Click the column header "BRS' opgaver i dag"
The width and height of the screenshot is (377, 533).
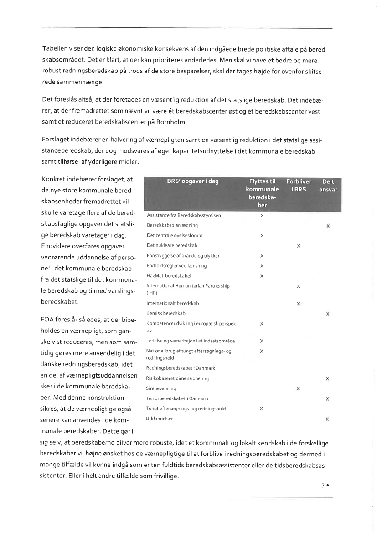(x=192, y=181)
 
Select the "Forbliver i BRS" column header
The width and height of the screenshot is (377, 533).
(x=299, y=186)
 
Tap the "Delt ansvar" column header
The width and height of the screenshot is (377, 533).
(x=328, y=186)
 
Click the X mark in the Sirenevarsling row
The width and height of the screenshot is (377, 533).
(x=298, y=389)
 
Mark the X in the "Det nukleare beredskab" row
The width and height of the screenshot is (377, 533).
(x=298, y=246)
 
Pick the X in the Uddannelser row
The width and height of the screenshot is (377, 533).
(x=328, y=419)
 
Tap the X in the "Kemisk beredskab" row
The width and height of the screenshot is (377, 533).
(x=328, y=314)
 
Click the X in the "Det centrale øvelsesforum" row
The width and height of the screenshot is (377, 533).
(x=262, y=236)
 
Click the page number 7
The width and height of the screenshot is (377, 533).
(x=322, y=486)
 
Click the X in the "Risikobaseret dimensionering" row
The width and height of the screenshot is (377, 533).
(x=328, y=379)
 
